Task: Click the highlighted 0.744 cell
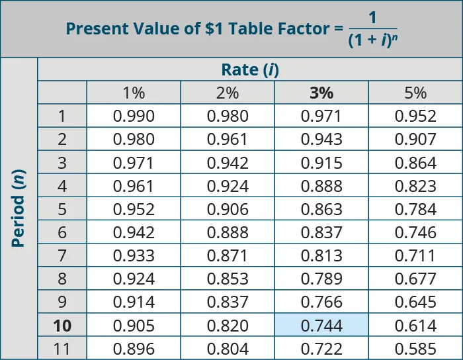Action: [x=321, y=326]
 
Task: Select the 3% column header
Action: [x=321, y=93]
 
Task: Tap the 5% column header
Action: [x=415, y=93]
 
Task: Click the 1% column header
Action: [x=134, y=93]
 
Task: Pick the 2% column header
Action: [x=228, y=93]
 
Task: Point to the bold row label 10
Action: [x=62, y=326]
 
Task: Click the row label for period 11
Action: [x=62, y=349]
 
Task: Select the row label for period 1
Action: [x=62, y=116]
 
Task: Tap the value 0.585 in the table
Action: [x=415, y=349]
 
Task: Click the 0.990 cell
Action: [x=134, y=116]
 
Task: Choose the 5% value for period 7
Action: [x=415, y=255]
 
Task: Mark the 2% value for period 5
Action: [x=228, y=209]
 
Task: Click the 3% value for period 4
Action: [x=321, y=186]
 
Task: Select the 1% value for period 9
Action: [x=134, y=302]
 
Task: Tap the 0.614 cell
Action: [x=415, y=326]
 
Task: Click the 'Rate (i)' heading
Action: [x=249, y=69]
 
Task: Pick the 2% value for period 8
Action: [x=228, y=279]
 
